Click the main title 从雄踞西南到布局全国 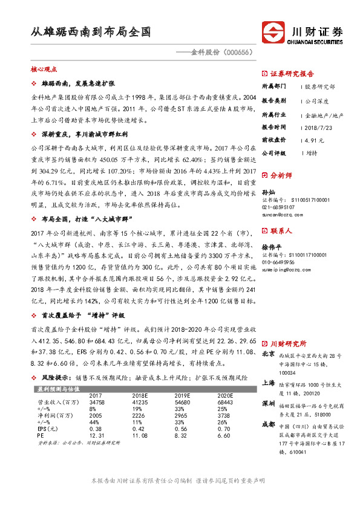91,32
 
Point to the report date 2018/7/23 316,128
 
